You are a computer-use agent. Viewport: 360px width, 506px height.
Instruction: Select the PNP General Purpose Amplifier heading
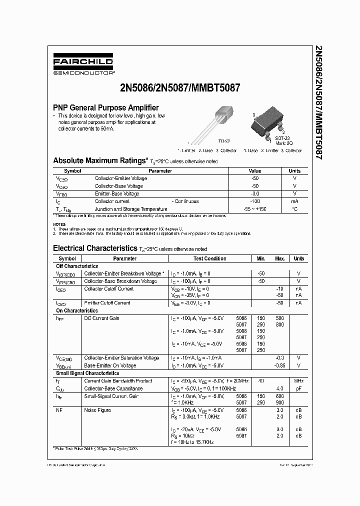click(106, 107)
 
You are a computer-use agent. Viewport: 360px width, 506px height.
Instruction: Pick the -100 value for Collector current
click(254, 201)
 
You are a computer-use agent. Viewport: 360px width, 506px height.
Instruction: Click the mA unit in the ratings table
click(294, 201)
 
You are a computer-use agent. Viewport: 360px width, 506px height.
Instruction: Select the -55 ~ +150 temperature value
click(254, 209)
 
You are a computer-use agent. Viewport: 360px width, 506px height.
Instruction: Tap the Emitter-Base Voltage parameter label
click(117, 194)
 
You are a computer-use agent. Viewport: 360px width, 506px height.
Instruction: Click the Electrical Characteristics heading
click(94, 248)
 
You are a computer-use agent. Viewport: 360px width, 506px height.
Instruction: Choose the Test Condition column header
click(210, 259)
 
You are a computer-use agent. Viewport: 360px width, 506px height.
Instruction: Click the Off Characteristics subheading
click(76, 266)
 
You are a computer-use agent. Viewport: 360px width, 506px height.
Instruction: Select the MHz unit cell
click(298, 381)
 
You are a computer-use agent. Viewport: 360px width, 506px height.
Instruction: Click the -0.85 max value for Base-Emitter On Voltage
click(279, 365)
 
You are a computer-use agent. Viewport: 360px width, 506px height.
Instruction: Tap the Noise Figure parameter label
click(98, 410)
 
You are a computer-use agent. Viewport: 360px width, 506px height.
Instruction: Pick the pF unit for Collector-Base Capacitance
click(298, 388)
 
